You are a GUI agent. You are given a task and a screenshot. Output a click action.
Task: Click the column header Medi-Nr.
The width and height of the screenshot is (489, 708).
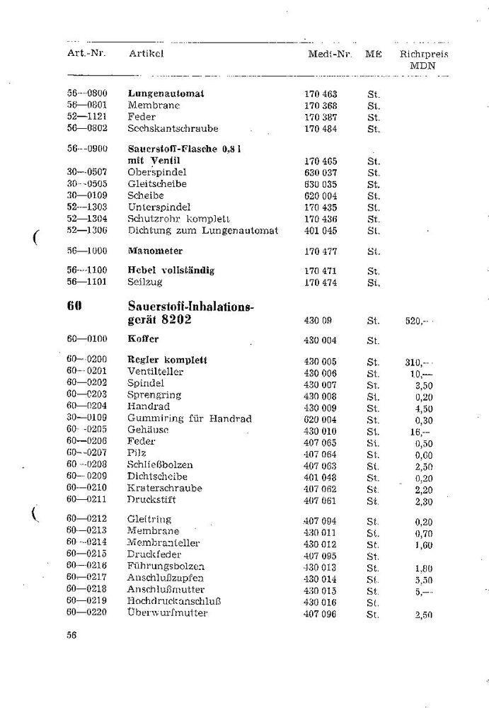[330, 55]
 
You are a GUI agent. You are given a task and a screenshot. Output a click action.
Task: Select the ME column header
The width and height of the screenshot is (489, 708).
[373, 55]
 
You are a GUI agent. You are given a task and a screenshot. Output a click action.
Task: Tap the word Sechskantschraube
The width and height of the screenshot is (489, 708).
[173, 128]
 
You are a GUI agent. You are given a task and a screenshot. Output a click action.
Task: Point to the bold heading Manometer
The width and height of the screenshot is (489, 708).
[155, 251]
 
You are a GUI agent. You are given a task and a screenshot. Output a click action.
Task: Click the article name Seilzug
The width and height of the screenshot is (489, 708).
[145, 282]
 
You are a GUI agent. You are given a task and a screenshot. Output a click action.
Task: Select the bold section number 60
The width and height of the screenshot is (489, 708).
[76, 307]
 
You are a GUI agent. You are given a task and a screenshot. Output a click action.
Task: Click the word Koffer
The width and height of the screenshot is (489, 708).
[143, 340]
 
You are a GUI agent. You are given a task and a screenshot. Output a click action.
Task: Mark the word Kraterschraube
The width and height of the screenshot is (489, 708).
[164, 488]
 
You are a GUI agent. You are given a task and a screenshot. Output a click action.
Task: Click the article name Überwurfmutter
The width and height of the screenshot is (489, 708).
[168, 612]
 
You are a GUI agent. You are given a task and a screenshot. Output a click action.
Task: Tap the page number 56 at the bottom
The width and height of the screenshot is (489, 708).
[71, 635]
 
